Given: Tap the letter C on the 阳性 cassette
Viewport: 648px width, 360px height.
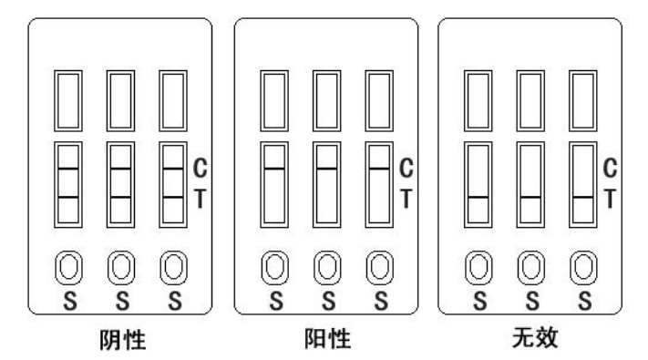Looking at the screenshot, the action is [x=406, y=168].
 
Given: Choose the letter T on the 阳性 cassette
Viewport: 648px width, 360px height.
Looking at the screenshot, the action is [x=406, y=196].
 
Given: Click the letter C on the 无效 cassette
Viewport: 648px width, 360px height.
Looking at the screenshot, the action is [x=612, y=168].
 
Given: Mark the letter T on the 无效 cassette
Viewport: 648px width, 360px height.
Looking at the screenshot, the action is [x=612, y=196].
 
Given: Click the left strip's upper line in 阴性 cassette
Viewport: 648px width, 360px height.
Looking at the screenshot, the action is [x=69, y=170].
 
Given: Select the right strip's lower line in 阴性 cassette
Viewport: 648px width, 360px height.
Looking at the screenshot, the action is [x=173, y=197].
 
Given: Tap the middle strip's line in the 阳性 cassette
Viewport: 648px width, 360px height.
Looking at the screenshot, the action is [x=326, y=170].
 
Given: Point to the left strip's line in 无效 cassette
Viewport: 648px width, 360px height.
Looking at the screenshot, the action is [x=479, y=197].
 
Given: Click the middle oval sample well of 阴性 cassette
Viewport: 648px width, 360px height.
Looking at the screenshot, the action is [x=121, y=270].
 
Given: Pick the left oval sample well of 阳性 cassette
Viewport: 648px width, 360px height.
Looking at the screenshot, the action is [x=274, y=270].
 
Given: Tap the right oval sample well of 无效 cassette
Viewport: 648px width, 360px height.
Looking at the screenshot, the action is [x=583, y=270].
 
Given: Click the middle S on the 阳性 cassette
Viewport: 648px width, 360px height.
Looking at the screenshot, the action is [x=326, y=302].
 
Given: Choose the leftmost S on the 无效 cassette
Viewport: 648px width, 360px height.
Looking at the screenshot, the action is [x=479, y=302].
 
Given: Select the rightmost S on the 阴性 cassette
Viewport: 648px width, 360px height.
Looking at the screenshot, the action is [x=173, y=302].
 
